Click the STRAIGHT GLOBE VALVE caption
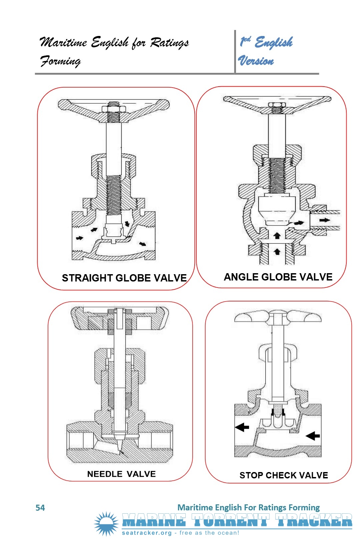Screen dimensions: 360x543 click(x=124, y=278)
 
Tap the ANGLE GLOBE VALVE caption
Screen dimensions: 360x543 click(x=278, y=277)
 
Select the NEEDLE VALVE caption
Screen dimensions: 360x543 click(x=121, y=474)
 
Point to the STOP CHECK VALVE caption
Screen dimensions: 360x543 click(x=284, y=475)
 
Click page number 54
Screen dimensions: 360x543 click(x=40, y=508)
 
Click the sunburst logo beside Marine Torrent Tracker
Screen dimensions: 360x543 click(x=106, y=524)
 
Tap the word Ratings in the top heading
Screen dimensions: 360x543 click(x=169, y=43)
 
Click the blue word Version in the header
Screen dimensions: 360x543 click(x=256, y=61)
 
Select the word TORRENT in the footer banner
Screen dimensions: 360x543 click(x=230, y=520)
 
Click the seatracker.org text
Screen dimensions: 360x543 click(x=147, y=533)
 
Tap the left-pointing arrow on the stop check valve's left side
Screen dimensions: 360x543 click(x=242, y=427)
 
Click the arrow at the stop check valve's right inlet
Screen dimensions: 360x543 click(x=313, y=436)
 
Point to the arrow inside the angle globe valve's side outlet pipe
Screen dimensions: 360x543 click(x=325, y=220)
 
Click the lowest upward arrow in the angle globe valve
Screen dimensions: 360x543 click(x=277, y=252)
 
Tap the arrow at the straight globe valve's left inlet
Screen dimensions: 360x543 click(x=80, y=238)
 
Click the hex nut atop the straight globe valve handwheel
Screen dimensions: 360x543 click(x=114, y=108)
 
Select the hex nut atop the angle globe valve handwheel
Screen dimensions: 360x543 click(x=277, y=105)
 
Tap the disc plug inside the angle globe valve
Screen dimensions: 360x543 click(x=277, y=210)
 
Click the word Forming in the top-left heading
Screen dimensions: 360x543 click(x=60, y=61)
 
